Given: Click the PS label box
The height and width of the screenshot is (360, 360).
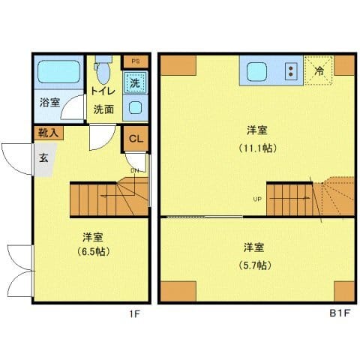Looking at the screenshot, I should pos(136,61).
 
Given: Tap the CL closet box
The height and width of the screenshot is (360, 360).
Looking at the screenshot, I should pos(136,139).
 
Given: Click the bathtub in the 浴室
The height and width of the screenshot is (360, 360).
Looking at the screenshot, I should pos(59,73).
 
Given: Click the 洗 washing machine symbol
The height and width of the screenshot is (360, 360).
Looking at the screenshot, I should pos(135,82).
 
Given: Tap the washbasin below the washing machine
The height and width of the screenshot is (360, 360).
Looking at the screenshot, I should pos(135,107).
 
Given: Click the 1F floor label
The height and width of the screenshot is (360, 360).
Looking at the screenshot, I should pos(134,314).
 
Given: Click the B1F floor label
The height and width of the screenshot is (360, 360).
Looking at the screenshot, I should pos(340,314).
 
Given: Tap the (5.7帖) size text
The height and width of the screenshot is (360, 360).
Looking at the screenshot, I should pos(253,265).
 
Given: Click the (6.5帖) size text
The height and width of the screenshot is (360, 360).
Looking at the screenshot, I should pos(93,251).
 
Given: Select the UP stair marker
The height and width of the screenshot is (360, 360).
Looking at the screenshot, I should pos(257,199).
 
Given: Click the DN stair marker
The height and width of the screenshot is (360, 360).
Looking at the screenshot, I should pos(135,170).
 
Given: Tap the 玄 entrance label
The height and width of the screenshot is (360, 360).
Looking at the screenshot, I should pos(44,158).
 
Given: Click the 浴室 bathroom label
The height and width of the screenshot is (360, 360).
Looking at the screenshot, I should pos(50,102).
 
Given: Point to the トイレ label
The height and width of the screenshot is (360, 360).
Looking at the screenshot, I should pos(103,91).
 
